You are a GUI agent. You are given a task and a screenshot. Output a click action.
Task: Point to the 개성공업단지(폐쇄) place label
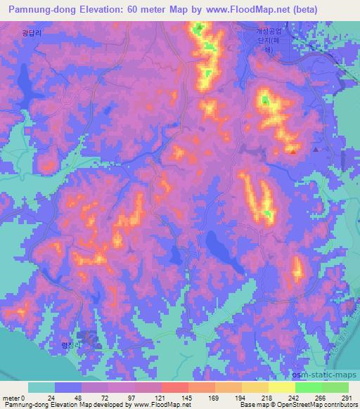click(x=274, y=40)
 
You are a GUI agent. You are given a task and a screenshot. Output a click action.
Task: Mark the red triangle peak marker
click(x=292, y=149)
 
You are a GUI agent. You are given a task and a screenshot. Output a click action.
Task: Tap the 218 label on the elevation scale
click(x=268, y=398)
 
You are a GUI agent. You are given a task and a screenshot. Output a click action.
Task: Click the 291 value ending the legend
click(x=346, y=398)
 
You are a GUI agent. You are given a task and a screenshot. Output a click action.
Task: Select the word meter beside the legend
click(x=13, y=398)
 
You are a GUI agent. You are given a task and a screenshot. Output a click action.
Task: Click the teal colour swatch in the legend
click(x=41, y=387)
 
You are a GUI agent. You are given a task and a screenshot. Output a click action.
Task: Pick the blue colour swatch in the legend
click(x=68, y=387)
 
